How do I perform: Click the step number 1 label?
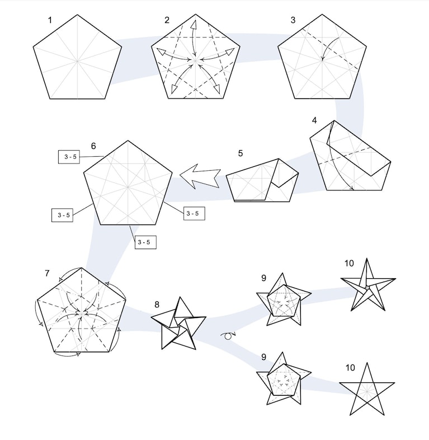50,20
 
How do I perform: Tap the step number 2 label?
167,20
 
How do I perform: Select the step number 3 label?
293,20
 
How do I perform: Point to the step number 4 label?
314,120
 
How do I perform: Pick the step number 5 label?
241,153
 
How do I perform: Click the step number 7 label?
47,273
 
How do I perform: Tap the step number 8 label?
157,305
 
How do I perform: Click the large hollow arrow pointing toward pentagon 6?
200,176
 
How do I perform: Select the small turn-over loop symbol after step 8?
228,335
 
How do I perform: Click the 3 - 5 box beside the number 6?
69,157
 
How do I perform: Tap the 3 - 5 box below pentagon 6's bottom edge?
145,242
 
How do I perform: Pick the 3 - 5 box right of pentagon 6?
194,213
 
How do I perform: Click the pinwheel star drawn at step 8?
178,324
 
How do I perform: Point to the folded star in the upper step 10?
368,285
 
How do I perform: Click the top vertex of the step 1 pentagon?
77,15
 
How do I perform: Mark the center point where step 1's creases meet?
77,60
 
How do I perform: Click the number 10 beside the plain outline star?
350,368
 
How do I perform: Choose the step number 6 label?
93,146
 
